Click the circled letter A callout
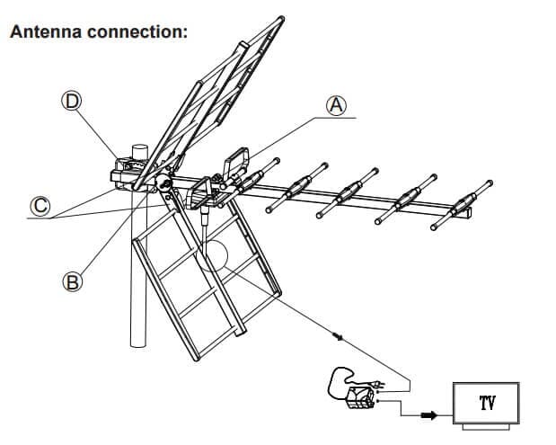[336, 105]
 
